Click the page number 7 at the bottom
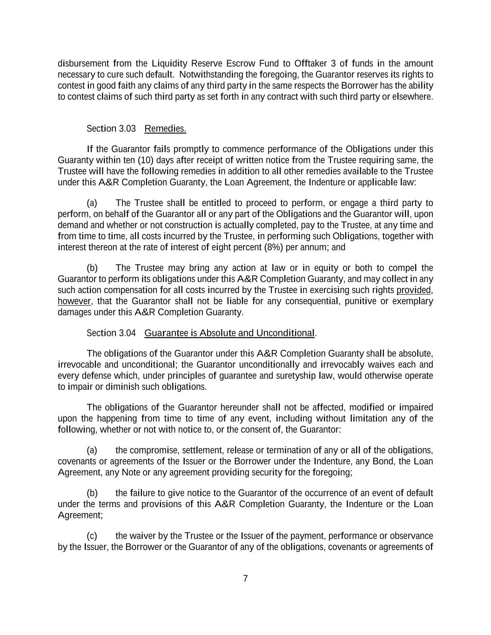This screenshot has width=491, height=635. [245, 579]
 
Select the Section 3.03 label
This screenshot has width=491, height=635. [111, 128]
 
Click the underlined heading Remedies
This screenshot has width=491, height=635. [165, 128]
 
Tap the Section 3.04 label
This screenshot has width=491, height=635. [111, 333]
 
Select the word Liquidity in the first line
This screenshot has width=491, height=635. [169, 63]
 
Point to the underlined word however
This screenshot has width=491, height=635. [74, 301]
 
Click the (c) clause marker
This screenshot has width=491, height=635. [92, 536]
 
